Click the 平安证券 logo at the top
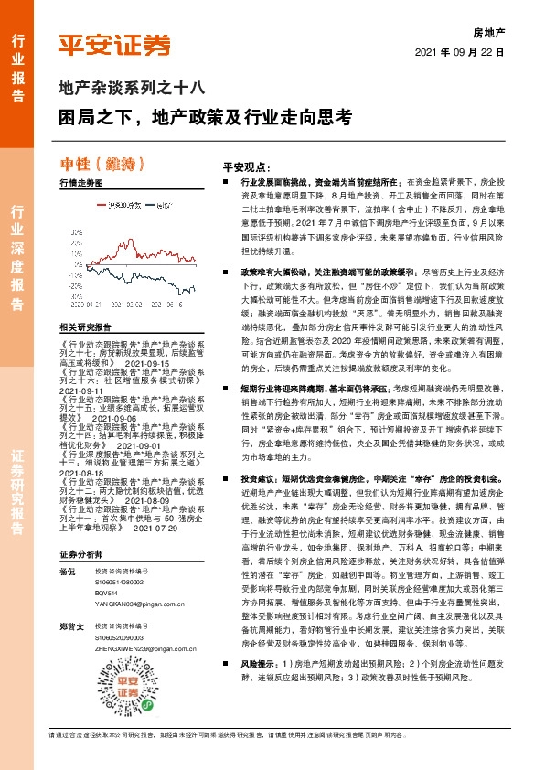pos(114,45)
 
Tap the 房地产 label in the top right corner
pos(487,32)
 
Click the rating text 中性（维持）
pos(102,165)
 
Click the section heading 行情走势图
pos(80,183)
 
